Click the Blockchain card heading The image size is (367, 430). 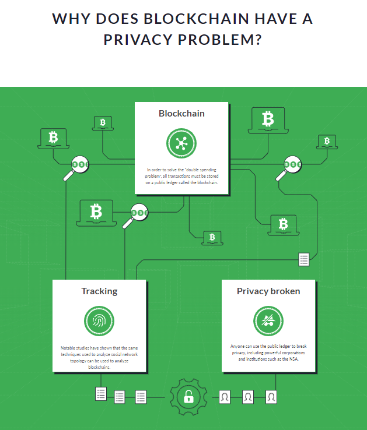point(181,114)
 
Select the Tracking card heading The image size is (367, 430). point(99,291)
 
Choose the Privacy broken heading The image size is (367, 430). point(268,291)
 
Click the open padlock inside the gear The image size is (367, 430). point(188,397)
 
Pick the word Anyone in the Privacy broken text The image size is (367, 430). point(237,347)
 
